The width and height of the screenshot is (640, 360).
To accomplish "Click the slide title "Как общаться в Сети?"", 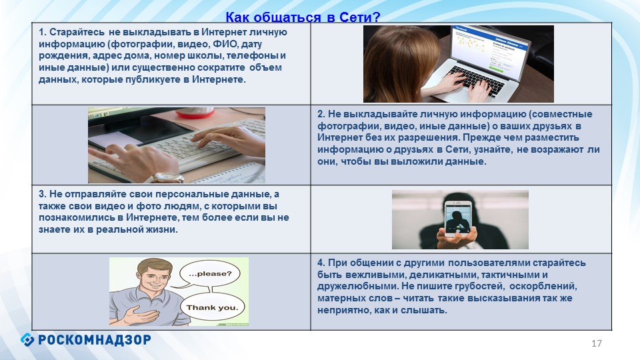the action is point(303,17).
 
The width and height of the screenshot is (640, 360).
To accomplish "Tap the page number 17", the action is point(596,343).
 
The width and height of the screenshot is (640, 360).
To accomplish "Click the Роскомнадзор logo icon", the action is point(27,339).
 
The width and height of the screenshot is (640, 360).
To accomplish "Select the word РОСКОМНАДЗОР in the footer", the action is point(94,339).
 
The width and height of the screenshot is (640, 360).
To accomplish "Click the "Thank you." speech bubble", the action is point(212,307).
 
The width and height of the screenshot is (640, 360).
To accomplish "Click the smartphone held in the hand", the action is point(457,219).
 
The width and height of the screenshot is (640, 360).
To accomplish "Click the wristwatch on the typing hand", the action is point(168,178).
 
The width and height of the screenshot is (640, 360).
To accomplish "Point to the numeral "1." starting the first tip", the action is point(43,32).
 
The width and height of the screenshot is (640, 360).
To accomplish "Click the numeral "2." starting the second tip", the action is point(321,114).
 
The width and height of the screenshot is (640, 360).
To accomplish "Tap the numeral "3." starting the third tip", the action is point(43,194).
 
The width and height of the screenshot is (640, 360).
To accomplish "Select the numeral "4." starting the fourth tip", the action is point(321,263).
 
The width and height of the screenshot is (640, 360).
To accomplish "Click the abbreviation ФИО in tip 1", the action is point(225,44).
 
